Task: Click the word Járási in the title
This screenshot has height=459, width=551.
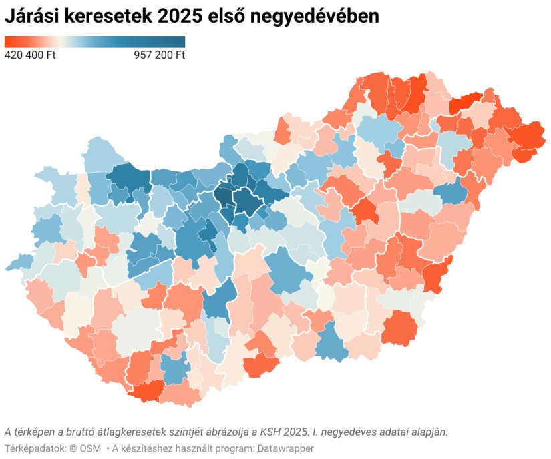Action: pyautogui.click(x=31, y=17)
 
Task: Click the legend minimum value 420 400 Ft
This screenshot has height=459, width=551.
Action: pyautogui.click(x=30, y=55)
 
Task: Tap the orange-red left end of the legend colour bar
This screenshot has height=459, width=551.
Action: pyautogui.click(x=9, y=41)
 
